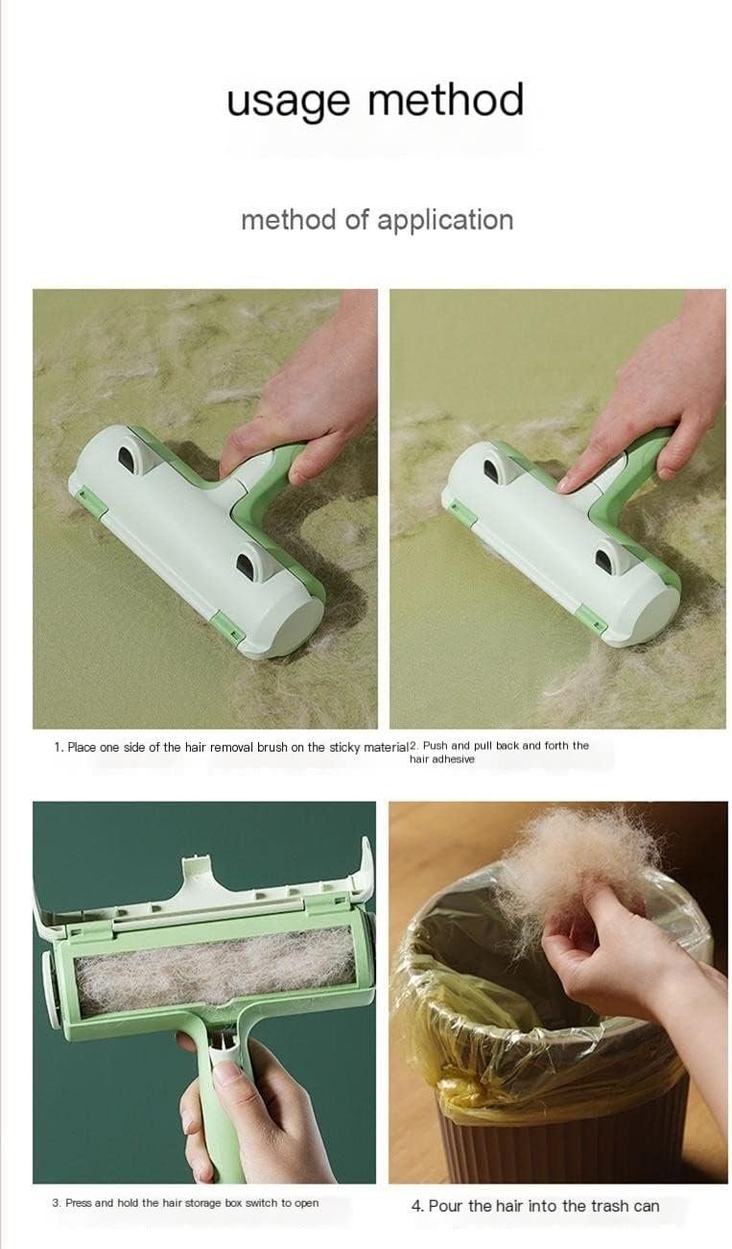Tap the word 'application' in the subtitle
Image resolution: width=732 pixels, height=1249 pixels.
(445, 221)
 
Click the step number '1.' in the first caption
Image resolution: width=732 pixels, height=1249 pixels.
(59, 747)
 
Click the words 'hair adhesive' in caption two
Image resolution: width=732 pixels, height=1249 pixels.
(441, 759)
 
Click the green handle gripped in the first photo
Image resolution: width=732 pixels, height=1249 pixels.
(295, 464)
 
